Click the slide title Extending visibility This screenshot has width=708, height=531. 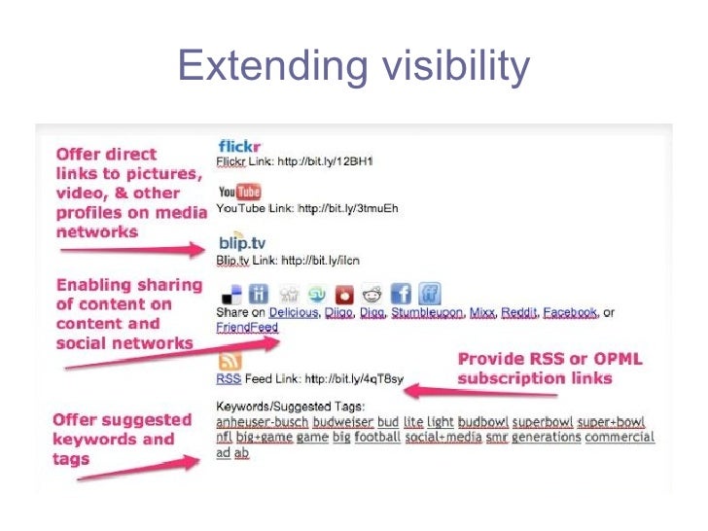point(354,66)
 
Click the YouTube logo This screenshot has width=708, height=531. point(240,192)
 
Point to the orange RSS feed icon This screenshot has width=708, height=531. point(230,359)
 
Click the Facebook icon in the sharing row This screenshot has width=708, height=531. point(401,294)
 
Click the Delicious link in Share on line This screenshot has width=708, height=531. point(293,313)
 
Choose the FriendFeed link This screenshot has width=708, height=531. point(246,328)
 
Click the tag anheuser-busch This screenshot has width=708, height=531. point(262,422)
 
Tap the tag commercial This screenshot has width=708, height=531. point(620,438)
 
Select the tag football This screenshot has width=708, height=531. point(377,438)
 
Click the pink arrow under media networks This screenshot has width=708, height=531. point(132,250)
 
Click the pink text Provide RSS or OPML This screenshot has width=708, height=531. point(549,359)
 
